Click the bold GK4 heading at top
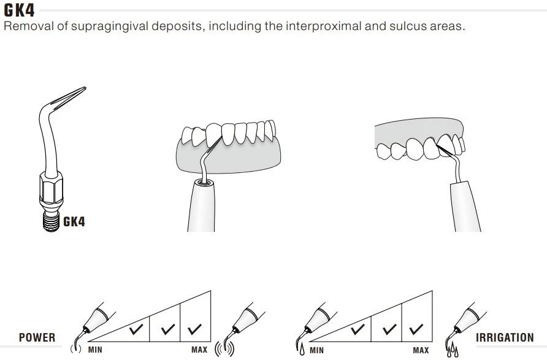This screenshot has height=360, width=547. [x=19, y=10]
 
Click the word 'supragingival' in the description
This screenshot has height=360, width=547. [x=110, y=26]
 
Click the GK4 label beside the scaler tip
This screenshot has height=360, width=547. [x=74, y=222]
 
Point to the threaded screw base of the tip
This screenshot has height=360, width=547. [x=52, y=222]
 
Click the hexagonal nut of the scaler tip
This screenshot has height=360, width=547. [x=52, y=190]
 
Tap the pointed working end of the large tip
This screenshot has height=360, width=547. [x=85, y=88]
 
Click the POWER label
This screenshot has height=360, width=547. [x=37, y=338]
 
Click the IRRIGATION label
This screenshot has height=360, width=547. [x=505, y=338]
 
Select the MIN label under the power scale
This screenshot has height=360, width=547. [x=95, y=350]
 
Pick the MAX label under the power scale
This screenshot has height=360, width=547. [x=199, y=350]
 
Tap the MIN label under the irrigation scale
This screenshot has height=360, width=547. [x=317, y=350]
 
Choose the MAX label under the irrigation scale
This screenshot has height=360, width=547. [x=421, y=350]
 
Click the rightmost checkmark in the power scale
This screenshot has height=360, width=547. [x=194, y=329]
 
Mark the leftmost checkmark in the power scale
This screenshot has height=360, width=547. [x=136, y=329]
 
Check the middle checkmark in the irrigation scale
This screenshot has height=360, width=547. [x=389, y=329]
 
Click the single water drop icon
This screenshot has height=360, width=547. [x=302, y=350]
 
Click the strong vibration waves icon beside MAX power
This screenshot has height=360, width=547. [x=224, y=349]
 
